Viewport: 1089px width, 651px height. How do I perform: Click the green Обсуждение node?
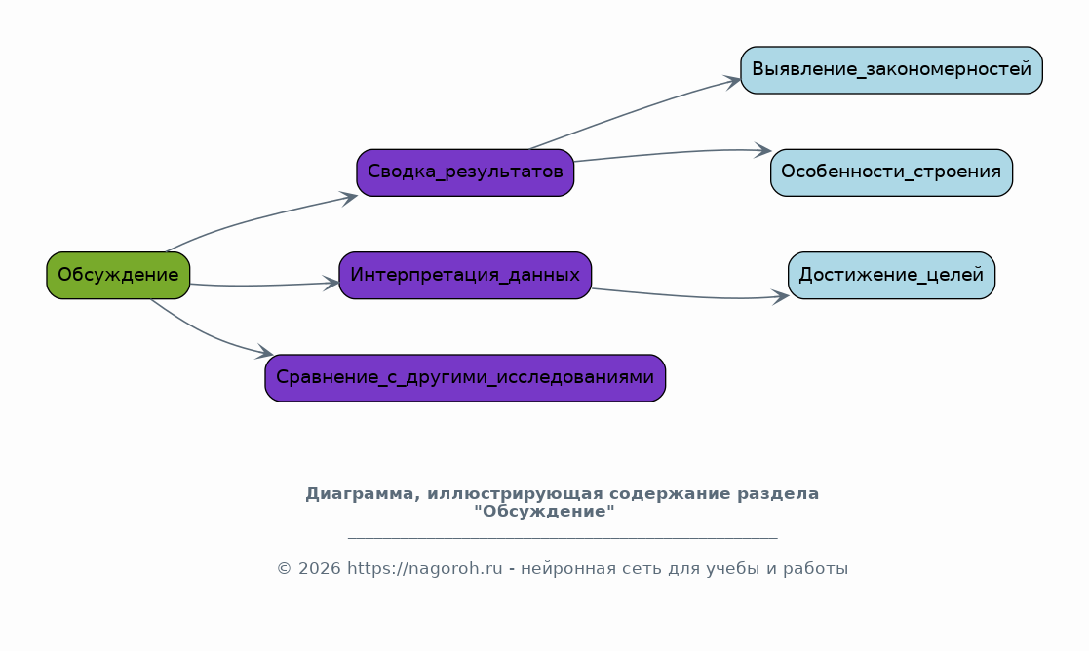[118, 276]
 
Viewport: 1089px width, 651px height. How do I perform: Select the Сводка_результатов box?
[465, 172]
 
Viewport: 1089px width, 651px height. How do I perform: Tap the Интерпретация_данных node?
[465, 276]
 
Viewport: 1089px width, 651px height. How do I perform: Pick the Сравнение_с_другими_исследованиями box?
[465, 378]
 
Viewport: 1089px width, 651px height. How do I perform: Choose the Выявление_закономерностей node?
[892, 70]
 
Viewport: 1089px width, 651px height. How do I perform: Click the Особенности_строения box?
[892, 172]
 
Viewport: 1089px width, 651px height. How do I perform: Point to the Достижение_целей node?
[892, 276]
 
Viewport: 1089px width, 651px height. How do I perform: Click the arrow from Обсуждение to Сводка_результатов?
[258, 217]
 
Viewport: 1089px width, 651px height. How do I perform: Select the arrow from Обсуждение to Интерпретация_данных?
[264, 285]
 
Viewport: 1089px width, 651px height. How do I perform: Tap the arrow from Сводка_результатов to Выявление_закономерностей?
[635, 111]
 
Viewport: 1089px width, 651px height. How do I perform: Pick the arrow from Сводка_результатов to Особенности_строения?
[674, 153]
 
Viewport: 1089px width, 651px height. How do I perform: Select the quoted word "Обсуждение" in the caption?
[544, 513]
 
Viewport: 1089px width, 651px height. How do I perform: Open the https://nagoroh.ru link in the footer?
[424, 569]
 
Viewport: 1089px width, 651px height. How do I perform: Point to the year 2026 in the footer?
[320, 569]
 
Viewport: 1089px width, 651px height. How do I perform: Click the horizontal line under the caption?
[563, 538]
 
